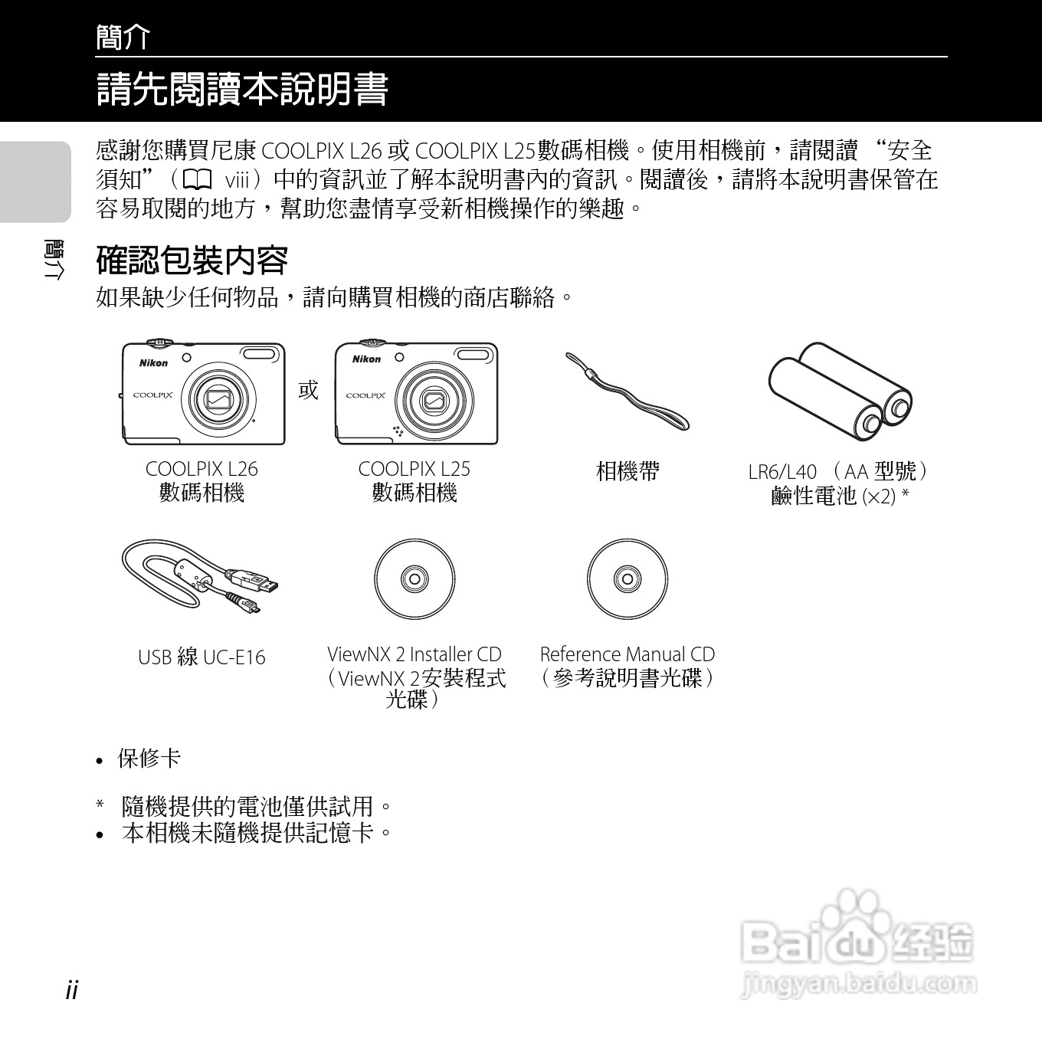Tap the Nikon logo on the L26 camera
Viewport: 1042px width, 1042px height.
click(x=153, y=363)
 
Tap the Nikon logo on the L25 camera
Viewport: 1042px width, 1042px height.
click(x=366, y=359)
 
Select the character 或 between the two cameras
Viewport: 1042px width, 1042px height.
click(x=308, y=390)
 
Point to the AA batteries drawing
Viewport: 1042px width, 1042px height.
click(x=841, y=391)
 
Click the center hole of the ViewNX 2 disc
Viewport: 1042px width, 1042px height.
click(x=415, y=578)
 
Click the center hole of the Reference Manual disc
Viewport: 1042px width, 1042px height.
click(x=627, y=578)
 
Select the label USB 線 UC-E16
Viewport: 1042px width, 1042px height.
click(x=202, y=657)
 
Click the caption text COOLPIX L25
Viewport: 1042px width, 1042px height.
click(x=414, y=469)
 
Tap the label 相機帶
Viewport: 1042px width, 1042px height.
click(x=627, y=471)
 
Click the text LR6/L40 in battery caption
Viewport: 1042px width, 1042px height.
click(x=782, y=472)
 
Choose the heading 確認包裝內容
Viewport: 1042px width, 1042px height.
click(x=192, y=260)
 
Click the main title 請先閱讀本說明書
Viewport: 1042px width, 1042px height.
click(x=242, y=90)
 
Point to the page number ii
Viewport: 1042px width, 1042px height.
click(x=72, y=989)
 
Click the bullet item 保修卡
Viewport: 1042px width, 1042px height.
click(x=149, y=759)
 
